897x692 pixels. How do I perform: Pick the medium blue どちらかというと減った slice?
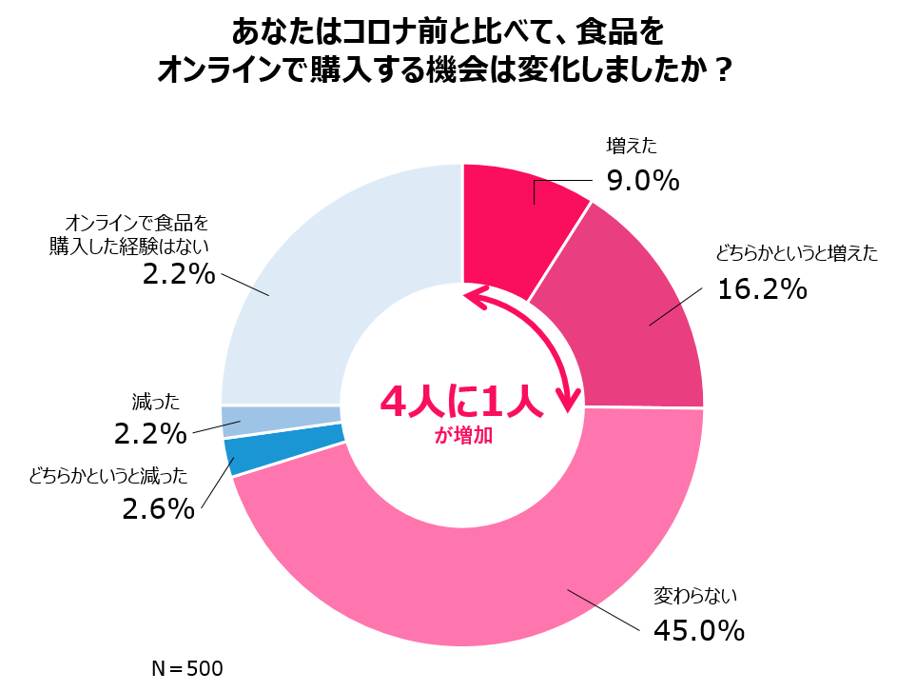click(283, 448)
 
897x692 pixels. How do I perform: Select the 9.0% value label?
click(642, 179)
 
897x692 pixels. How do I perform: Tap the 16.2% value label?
click(762, 288)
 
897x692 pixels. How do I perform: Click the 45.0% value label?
click(698, 629)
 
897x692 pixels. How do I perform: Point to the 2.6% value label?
click(158, 509)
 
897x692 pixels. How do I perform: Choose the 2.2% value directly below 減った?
click(150, 434)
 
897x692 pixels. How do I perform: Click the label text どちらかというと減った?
click(108, 476)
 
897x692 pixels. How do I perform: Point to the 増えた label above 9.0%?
click(632, 146)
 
